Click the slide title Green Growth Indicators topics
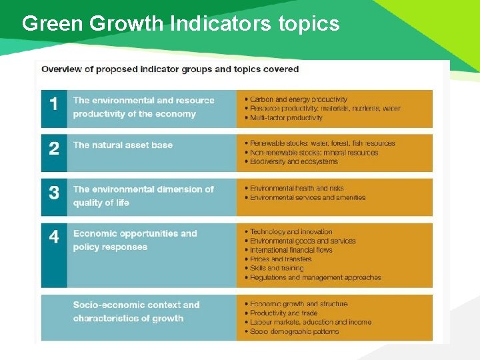pos(181,24)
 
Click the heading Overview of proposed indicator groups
pos(170,69)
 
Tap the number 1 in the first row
pos(54,104)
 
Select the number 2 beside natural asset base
pos(54,148)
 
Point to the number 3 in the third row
pos(54,193)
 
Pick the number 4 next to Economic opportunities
pos(54,237)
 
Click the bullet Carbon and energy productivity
pos(298,100)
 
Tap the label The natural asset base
pos(123,145)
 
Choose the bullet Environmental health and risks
pos(297,188)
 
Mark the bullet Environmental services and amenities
pos(307,197)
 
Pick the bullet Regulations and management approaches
pos(315,277)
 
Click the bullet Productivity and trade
pos(283,313)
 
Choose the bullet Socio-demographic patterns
pos(294,331)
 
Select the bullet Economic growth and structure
pos(298,304)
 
